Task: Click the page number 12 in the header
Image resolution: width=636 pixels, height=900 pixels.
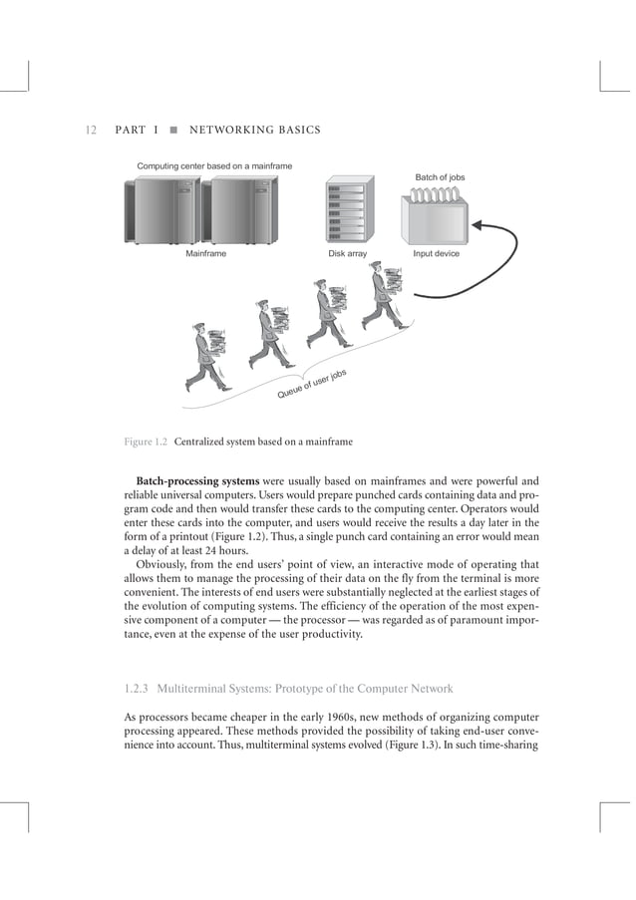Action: coord(90,130)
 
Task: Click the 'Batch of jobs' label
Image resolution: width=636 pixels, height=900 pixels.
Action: coord(440,177)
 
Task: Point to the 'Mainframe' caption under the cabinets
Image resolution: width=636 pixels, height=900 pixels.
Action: coord(205,254)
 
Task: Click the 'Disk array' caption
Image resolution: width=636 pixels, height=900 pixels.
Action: coord(348,254)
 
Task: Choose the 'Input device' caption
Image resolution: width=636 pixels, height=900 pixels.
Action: coord(440,254)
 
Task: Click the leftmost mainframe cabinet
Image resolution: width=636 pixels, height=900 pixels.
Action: coord(159,210)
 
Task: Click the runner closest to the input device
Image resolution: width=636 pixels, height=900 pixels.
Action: coord(384,296)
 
